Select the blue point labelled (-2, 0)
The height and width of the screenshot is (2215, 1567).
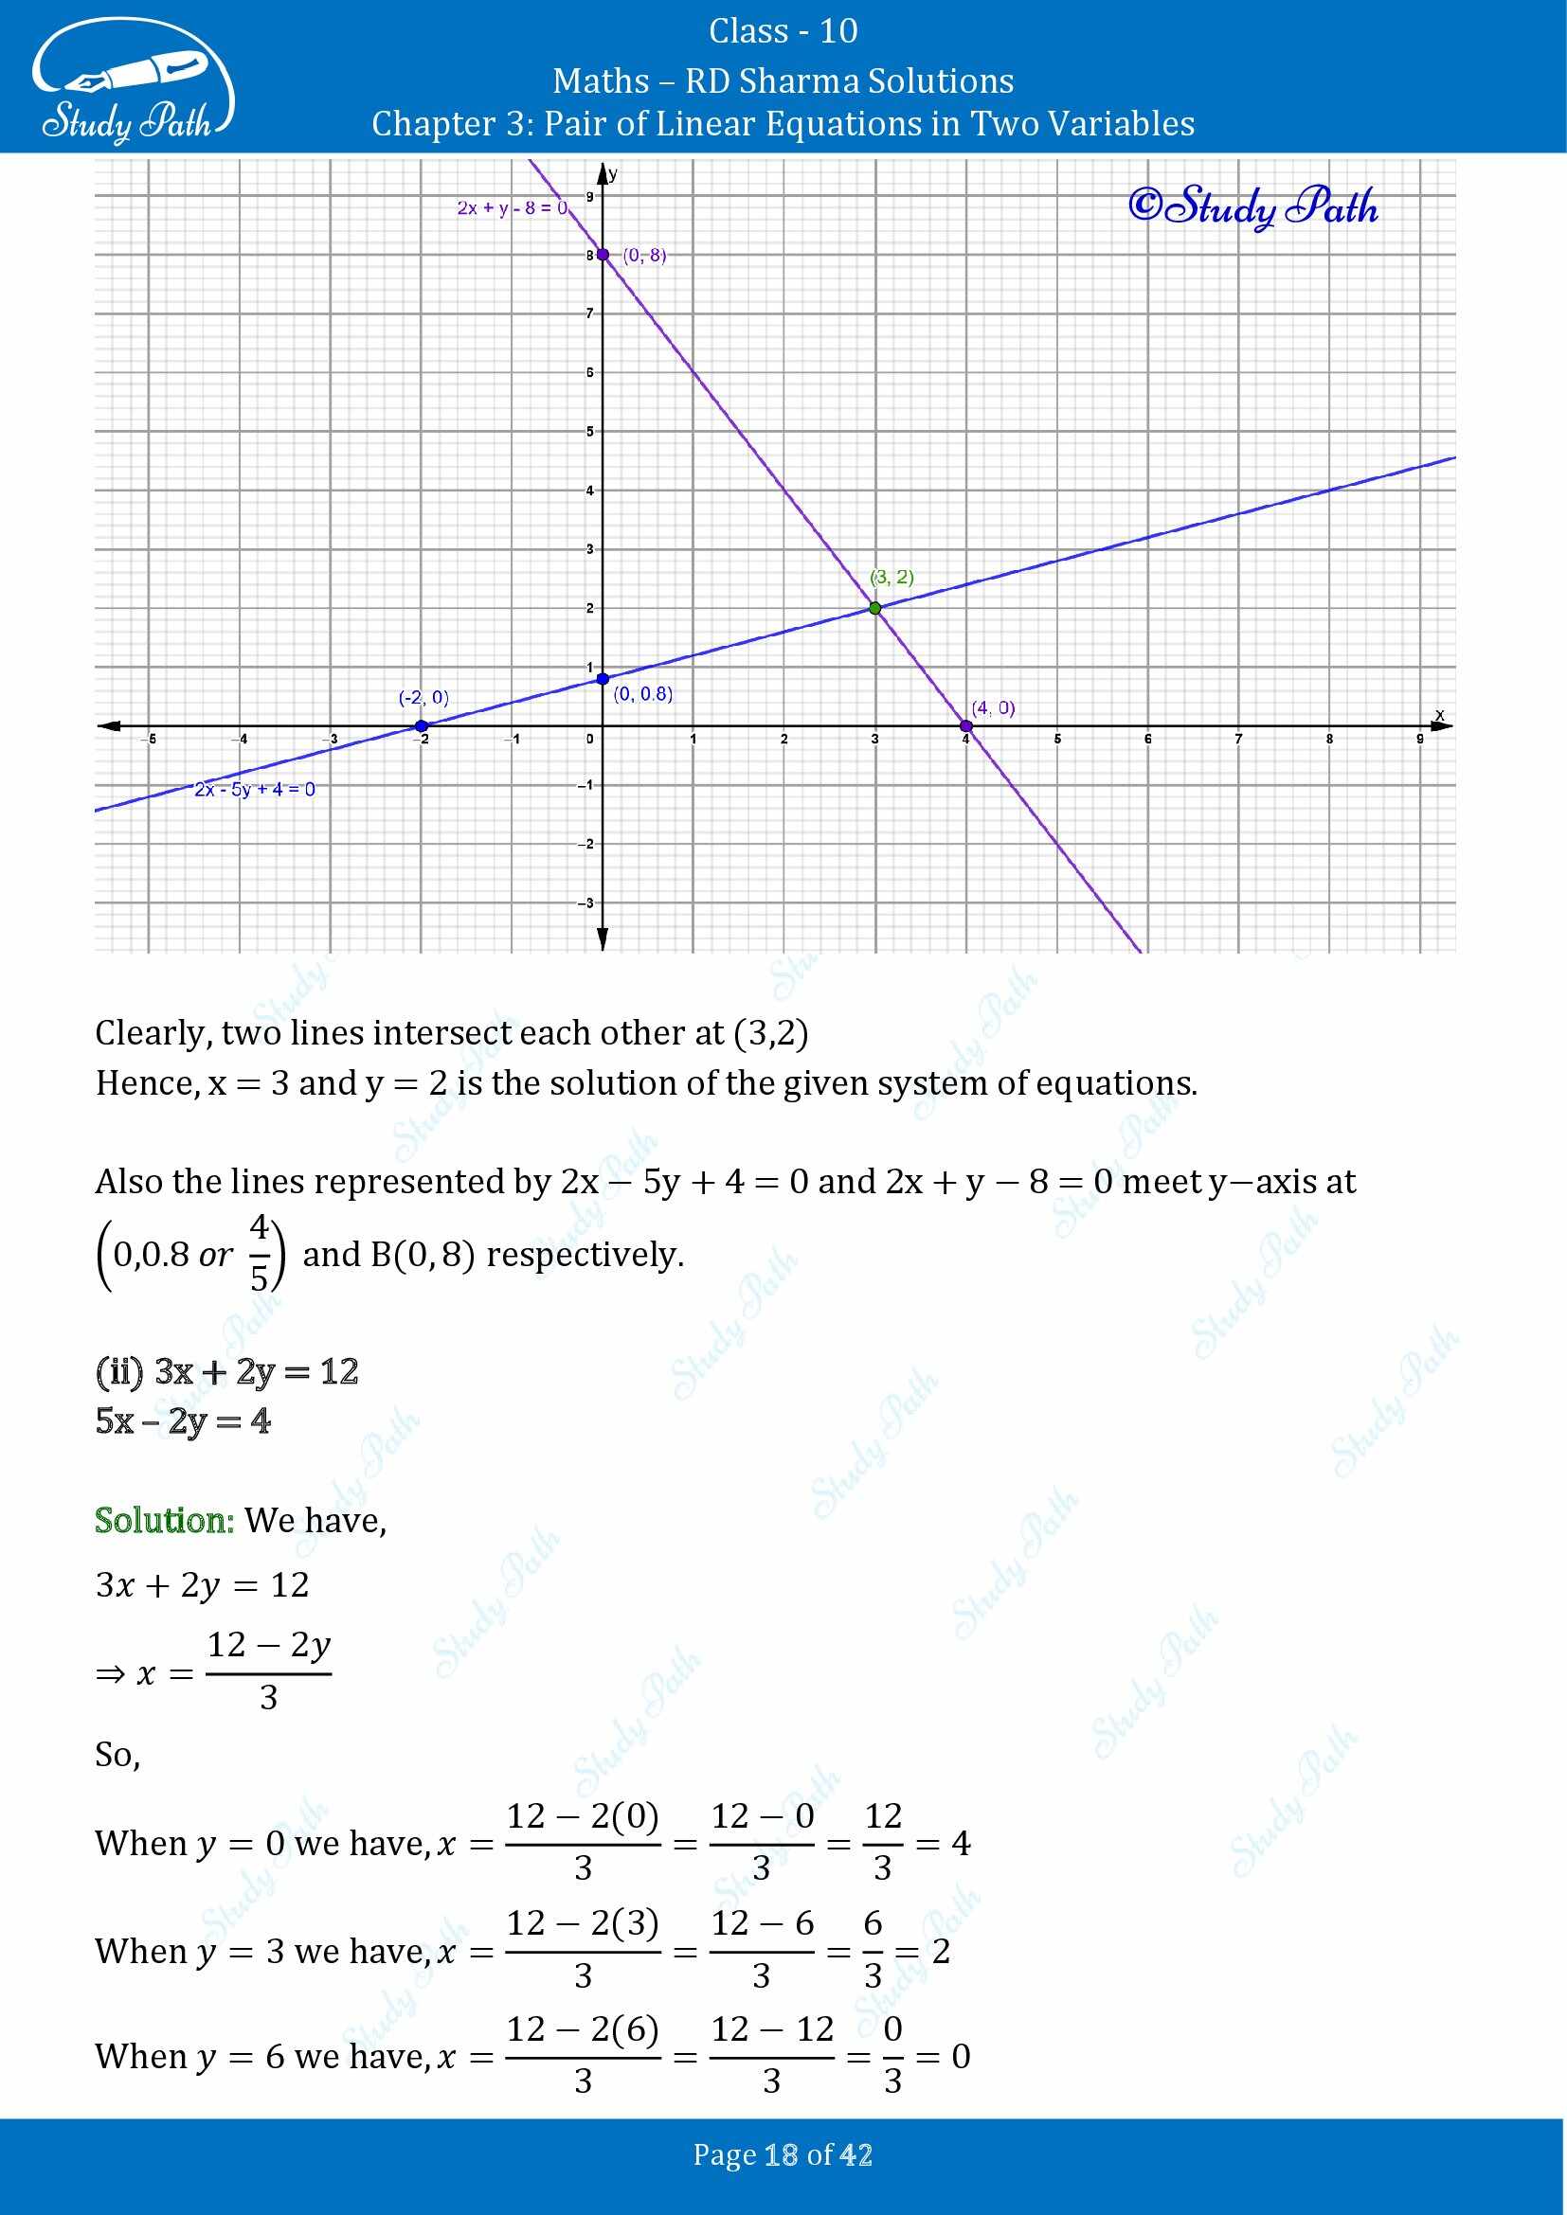tap(421, 725)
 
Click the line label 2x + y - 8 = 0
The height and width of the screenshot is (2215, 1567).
tap(513, 207)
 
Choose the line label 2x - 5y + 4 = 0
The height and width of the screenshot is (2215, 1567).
tap(255, 789)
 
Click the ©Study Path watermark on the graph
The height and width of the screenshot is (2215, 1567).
tap(1252, 205)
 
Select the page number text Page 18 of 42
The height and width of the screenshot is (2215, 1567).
tap(783, 2154)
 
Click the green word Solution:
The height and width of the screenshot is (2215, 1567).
tap(164, 1521)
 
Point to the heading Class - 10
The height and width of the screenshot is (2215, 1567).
tap(783, 31)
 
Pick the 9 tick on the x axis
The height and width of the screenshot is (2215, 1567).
tap(1419, 739)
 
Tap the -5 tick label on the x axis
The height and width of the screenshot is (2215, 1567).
tap(150, 739)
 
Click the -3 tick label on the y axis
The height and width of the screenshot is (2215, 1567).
tap(585, 903)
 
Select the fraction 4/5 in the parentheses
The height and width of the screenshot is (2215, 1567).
tap(260, 1253)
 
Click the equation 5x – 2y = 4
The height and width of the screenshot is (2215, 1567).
tap(184, 1421)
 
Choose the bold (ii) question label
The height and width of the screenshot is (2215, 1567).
tap(119, 1371)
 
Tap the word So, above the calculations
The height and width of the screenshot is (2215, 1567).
tap(117, 1754)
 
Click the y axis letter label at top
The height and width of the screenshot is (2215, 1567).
tap(613, 174)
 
